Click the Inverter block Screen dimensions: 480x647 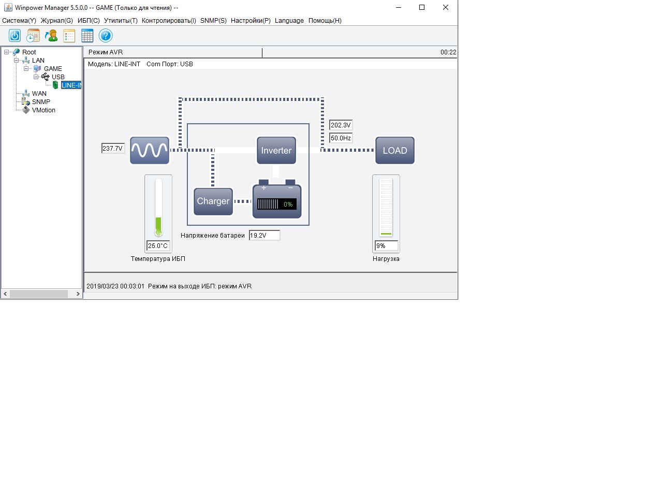(276, 150)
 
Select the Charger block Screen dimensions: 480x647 (213, 201)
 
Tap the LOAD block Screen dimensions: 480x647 (394, 150)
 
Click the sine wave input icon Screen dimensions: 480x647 (149, 150)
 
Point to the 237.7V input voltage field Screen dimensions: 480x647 (113, 149)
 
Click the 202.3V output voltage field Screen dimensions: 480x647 (341, 125)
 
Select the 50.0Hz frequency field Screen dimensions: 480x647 (341, 138)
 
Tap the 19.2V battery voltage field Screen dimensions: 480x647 (264, 236)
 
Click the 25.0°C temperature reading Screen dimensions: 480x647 (158, 246)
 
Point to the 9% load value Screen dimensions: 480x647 (386, 246)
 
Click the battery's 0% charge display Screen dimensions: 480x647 (277, 204)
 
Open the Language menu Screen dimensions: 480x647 (289, 21)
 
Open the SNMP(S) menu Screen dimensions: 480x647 (213, 21)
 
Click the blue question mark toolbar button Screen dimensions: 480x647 (106, 36)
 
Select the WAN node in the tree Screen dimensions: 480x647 (39, 94)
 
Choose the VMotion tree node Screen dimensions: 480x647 (43, 110)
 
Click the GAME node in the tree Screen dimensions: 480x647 (53, 69)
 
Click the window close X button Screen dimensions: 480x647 (446, 7)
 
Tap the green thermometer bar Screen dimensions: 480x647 (158, 227)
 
